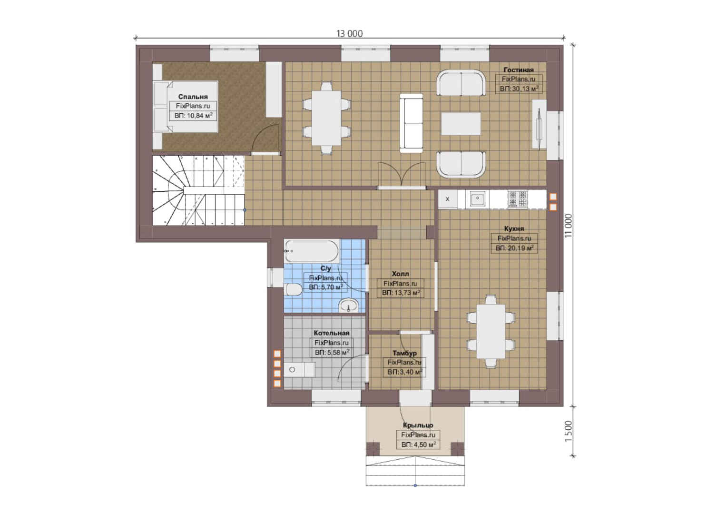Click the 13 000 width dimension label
click(349, 33)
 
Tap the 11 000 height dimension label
click(568, 225)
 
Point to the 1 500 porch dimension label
click(568, 431)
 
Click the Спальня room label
click(193, 97)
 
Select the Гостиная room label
click(518, 70)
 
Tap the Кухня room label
click(514, 228)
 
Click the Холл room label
click(400, 274)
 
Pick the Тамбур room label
click(404, 353)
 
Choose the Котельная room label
click(331, 333)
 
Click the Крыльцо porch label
click(418, 425)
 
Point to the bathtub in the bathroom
click(312, 251)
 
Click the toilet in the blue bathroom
click(294, 290)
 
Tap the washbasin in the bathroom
click(349, 306)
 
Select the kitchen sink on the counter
click(477, 198)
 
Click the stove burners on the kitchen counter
click(518, 199)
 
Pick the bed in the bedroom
click(186, 107)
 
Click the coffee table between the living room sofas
click(461, 124)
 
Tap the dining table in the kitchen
click(491, 331)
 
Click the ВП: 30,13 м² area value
click(519, 89)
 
